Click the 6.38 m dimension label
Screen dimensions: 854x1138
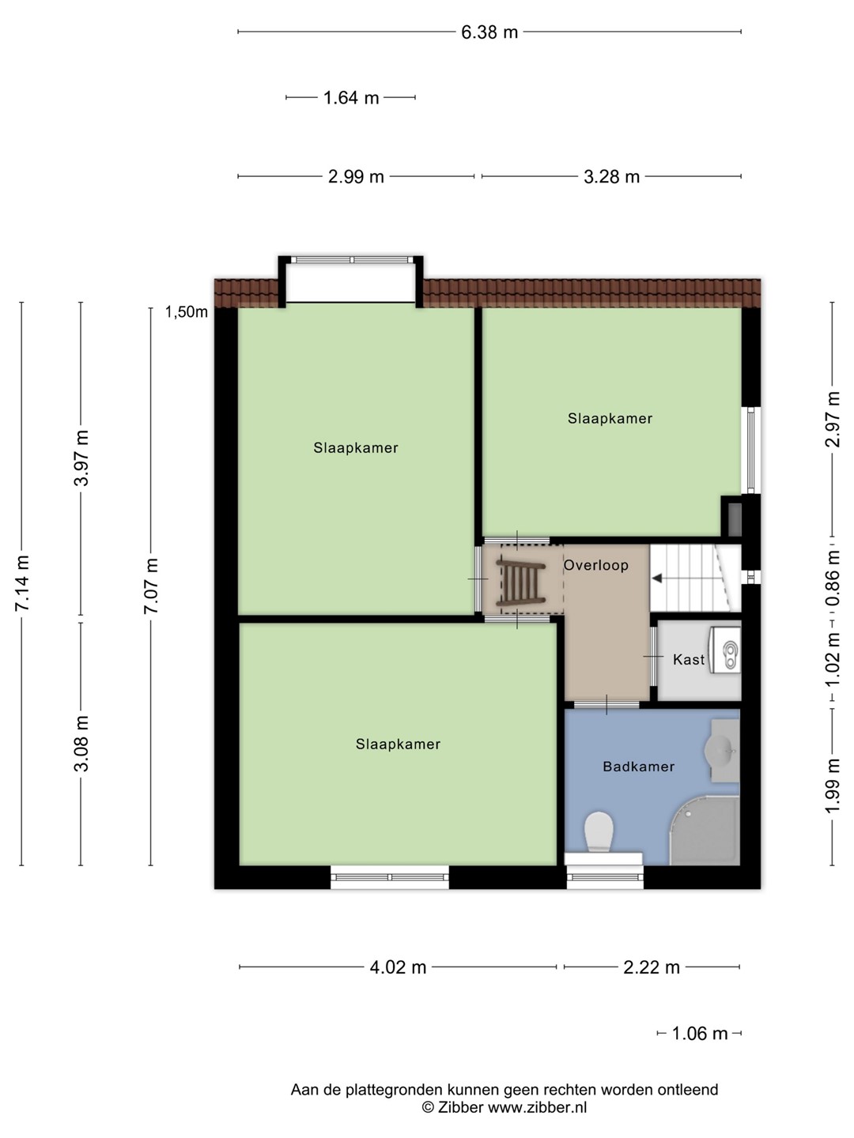[489, 32]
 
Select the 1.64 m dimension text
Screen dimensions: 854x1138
[351, 97]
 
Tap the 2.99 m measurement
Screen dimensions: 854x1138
[356, 177]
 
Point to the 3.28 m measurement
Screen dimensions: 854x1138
[611, 177]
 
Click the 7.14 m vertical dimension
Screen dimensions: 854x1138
[22, 583]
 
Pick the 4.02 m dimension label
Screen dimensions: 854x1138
[398, 967]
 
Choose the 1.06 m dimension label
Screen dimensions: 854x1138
[700, 1034]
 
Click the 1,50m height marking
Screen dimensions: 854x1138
[186, 311]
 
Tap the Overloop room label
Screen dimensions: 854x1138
[595, 565]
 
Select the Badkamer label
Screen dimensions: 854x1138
[638, 767]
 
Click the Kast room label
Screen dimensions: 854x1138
[689, 659]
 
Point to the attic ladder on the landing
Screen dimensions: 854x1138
[520, 582]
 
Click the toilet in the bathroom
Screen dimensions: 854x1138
[599, 831]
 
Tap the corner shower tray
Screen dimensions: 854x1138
[705, 831]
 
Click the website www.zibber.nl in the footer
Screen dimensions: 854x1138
[538, 1107]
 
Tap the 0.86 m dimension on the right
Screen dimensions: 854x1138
[833, 578]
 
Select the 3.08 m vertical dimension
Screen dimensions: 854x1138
[81, 744]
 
